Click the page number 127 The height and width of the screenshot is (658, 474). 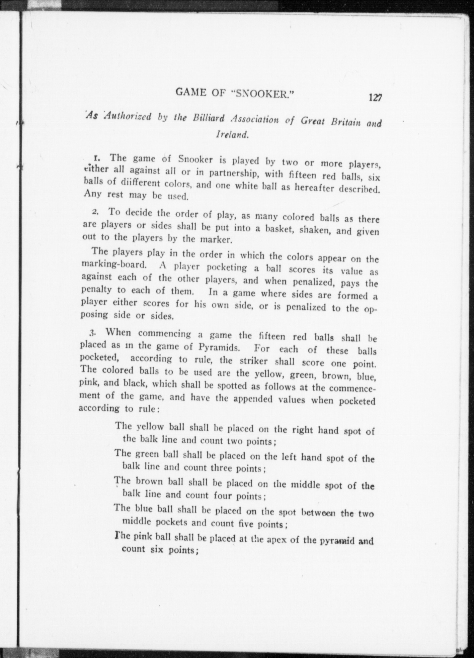click(x=375, y=97)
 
